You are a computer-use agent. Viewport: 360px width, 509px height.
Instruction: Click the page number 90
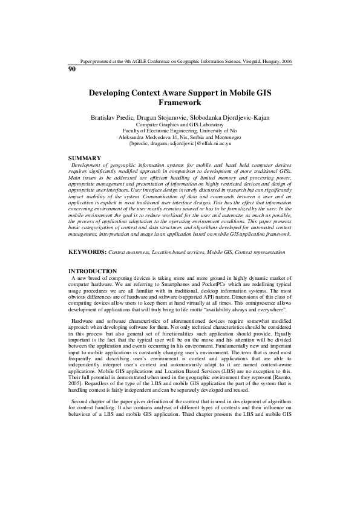pos(72,69)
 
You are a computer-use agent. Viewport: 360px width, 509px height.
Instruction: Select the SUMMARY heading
pos(85,158)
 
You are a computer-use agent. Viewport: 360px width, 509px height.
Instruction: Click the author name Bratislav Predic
pos(113,117)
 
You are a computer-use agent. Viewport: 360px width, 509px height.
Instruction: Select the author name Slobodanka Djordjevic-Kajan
pos(230,117)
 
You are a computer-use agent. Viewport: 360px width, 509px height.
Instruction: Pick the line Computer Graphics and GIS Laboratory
pos(180,125)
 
